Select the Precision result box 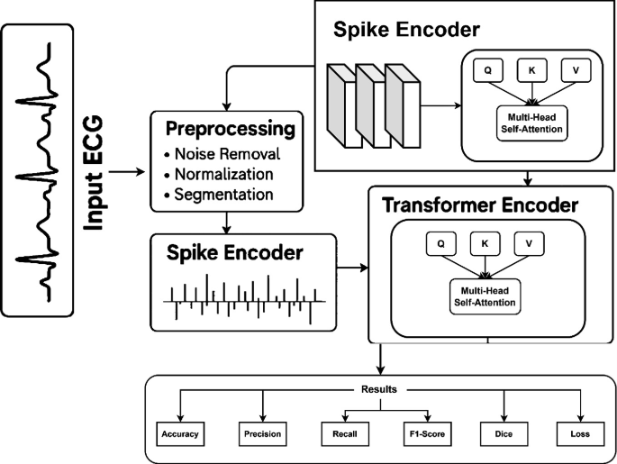tap(261, 433)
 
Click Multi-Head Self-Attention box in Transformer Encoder tap(484, 296)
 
